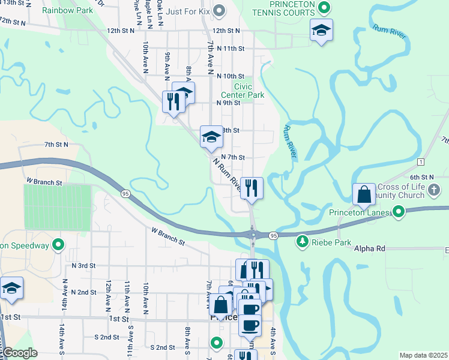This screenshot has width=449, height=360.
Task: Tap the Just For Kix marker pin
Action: click(x=219, y=10)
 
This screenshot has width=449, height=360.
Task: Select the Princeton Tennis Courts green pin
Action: click(x=325, y=8)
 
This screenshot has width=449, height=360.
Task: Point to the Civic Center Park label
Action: click(x=243, y=91)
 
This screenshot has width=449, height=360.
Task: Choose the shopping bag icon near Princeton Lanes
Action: click(x=364, y=194)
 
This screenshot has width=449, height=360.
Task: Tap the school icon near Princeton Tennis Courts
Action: click(x=321, y=30)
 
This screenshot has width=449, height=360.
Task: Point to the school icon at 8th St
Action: click(x=211, y=137)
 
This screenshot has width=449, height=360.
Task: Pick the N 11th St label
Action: click(x=231, y=48)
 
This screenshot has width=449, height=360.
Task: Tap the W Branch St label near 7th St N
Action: click(x=44, y=181)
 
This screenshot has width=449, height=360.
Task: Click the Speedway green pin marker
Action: click(x=58, y=244)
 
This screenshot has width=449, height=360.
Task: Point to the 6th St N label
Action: click(x=421, y=177)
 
